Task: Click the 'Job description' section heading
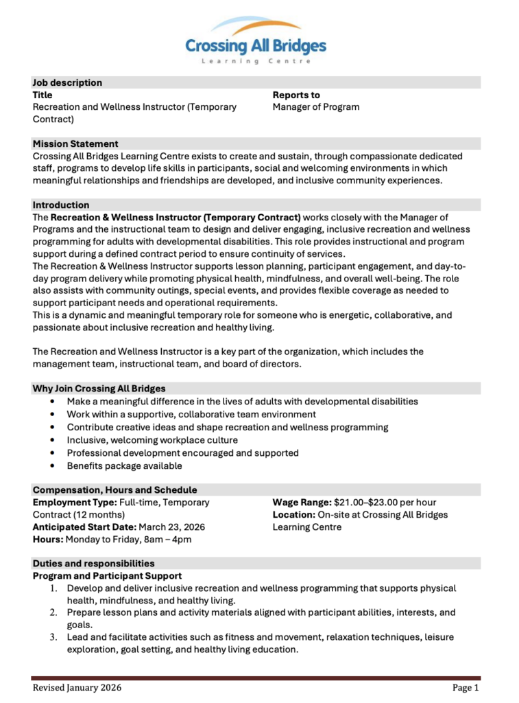(67, 82)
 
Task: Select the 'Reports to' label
(296, 95)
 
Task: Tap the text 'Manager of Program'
(315, 106)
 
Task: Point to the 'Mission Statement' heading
(75, 143)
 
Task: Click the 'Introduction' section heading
(61, 205)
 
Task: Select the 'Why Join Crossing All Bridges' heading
(99, 389)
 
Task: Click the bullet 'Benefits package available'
(124, 465)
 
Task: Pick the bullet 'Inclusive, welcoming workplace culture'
(152, 440)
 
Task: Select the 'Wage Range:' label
(302, 502)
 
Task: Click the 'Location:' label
(294, 514)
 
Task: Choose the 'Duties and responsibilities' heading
(93, 563)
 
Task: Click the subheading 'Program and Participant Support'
(107, 575)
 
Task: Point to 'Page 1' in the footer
(466, 687)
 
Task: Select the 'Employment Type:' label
(75, 502)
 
